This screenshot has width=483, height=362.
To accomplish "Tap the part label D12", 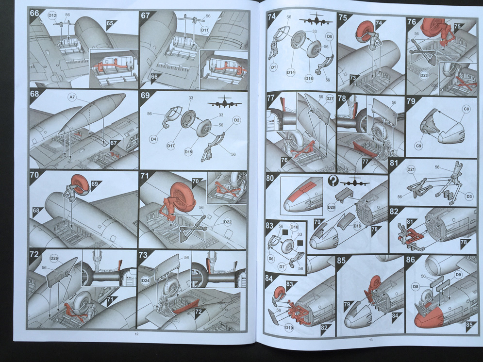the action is pyautogui.click(x=52, y=16).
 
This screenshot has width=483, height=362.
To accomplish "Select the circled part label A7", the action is pyautogui.click(x=71, y=98).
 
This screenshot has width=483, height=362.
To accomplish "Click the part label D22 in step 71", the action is pyautogui.click(x=228, y=222).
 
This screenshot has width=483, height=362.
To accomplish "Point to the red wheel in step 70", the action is pyautogui.click(x=81, y=184).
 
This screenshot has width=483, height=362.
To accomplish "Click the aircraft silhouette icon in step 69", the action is pyautogui.click(x=224, y=102).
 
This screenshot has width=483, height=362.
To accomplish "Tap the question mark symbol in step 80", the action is pyautogui.click(x=333, y=181).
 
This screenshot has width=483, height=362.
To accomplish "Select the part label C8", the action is pyautogui.click(x=466, y=109).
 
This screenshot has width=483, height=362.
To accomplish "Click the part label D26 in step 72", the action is pyautogui.click(x=54, y=258).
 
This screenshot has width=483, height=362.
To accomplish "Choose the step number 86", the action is pyautogui.click(x=411, y=260).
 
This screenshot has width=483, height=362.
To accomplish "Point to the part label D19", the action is pyautogui.click(x=289, y=328).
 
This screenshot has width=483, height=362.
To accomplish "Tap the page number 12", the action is pyautogui.click(x=136, y=334).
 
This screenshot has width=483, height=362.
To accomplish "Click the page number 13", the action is pyautogui.click(x=371, y=340).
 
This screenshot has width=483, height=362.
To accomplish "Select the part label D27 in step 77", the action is pyautogui.click(x=330, y=99).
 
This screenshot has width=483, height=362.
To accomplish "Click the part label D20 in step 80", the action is pyautogui.click(x=331, y=208).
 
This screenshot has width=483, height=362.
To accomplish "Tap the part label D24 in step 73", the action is pyautogui.click(x=146, y=280).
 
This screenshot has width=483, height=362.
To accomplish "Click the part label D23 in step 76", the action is pyautogui.click(x=424, y=75).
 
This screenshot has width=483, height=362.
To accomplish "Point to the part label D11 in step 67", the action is pyautogui.click(x=205, y=30).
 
